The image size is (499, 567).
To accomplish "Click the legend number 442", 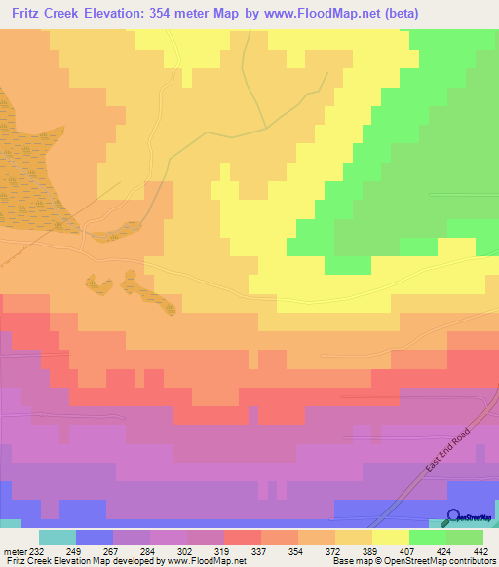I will (482, 551).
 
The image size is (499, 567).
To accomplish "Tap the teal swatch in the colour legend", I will (57, 537).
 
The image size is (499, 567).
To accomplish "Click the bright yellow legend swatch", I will (390, 537).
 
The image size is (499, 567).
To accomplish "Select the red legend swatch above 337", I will (242, 537).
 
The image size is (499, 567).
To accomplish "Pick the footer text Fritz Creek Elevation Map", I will (55, 562).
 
